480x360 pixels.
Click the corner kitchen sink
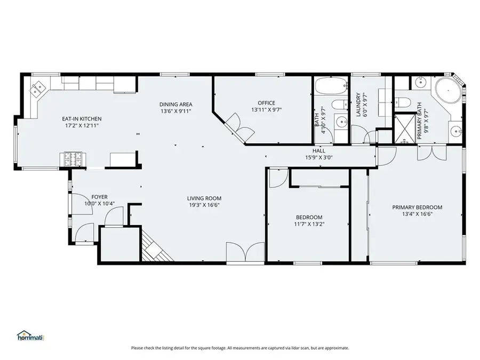(x=38, y=89)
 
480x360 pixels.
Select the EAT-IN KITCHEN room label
(x=82, y=119)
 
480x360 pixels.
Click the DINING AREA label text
(x=175, y=104)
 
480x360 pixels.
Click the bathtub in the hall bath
(x=330, y=86)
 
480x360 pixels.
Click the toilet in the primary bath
(x=403, y=102)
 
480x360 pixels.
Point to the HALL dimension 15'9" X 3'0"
(x=319, y=158)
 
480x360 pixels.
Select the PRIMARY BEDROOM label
(x=417, y=207)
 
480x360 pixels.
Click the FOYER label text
(x=99, y=197)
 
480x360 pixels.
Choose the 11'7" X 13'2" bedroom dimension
(x=309, y=224)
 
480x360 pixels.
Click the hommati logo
(x=30, y=337)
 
